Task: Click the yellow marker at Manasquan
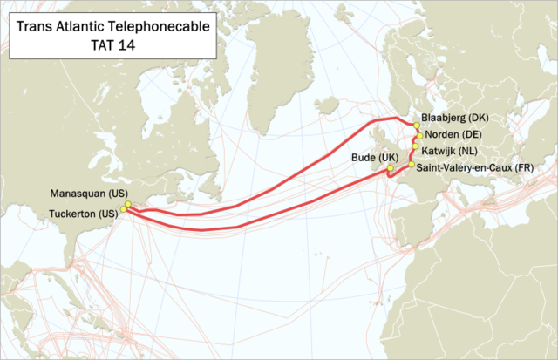point(127,204)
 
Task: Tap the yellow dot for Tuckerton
point(124,209)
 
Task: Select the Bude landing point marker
point(391,167)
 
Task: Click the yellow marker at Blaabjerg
point(417,126)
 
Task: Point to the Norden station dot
point(419,136)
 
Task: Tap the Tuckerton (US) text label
point(83,214)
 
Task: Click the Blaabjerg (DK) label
point(456,117)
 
